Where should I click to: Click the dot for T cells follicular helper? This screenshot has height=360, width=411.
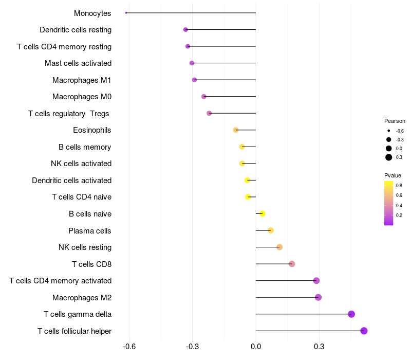tap(364, 331)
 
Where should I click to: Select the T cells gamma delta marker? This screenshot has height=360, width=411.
tap(351, 314)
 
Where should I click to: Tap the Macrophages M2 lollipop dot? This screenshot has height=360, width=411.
tap(318, 297)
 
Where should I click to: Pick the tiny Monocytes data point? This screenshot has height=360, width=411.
tap(126, 13)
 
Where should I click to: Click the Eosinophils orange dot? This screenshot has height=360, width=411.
tap(236, 130)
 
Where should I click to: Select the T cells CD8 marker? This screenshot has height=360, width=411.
tap(292, 264)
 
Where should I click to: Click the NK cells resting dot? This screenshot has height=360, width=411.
tap(279, 247)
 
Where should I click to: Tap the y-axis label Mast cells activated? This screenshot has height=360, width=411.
tap(78, 63)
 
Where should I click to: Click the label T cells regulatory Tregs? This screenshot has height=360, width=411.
tap(69, 113)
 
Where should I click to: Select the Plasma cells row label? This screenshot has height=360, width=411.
tap(90, 230)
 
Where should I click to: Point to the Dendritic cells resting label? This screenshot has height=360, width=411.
tap(76, 30)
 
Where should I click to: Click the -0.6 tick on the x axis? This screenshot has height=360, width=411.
tap(129, 347)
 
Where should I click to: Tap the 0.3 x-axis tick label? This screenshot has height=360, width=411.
tap(319, 347)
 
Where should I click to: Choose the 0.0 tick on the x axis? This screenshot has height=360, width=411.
tap(256, 347)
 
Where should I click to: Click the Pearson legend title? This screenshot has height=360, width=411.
tap(395, 121)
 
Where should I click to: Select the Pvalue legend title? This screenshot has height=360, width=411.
tap(393, 175)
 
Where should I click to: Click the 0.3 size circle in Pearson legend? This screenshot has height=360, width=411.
tap(389, 157)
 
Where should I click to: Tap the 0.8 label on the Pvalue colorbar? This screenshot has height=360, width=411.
tap(399, 185)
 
